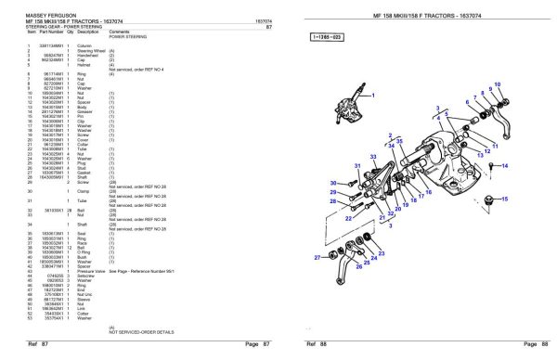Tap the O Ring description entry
[x=86, y=251]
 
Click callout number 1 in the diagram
[x=371, y=93]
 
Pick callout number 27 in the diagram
[x=316, y=257]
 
